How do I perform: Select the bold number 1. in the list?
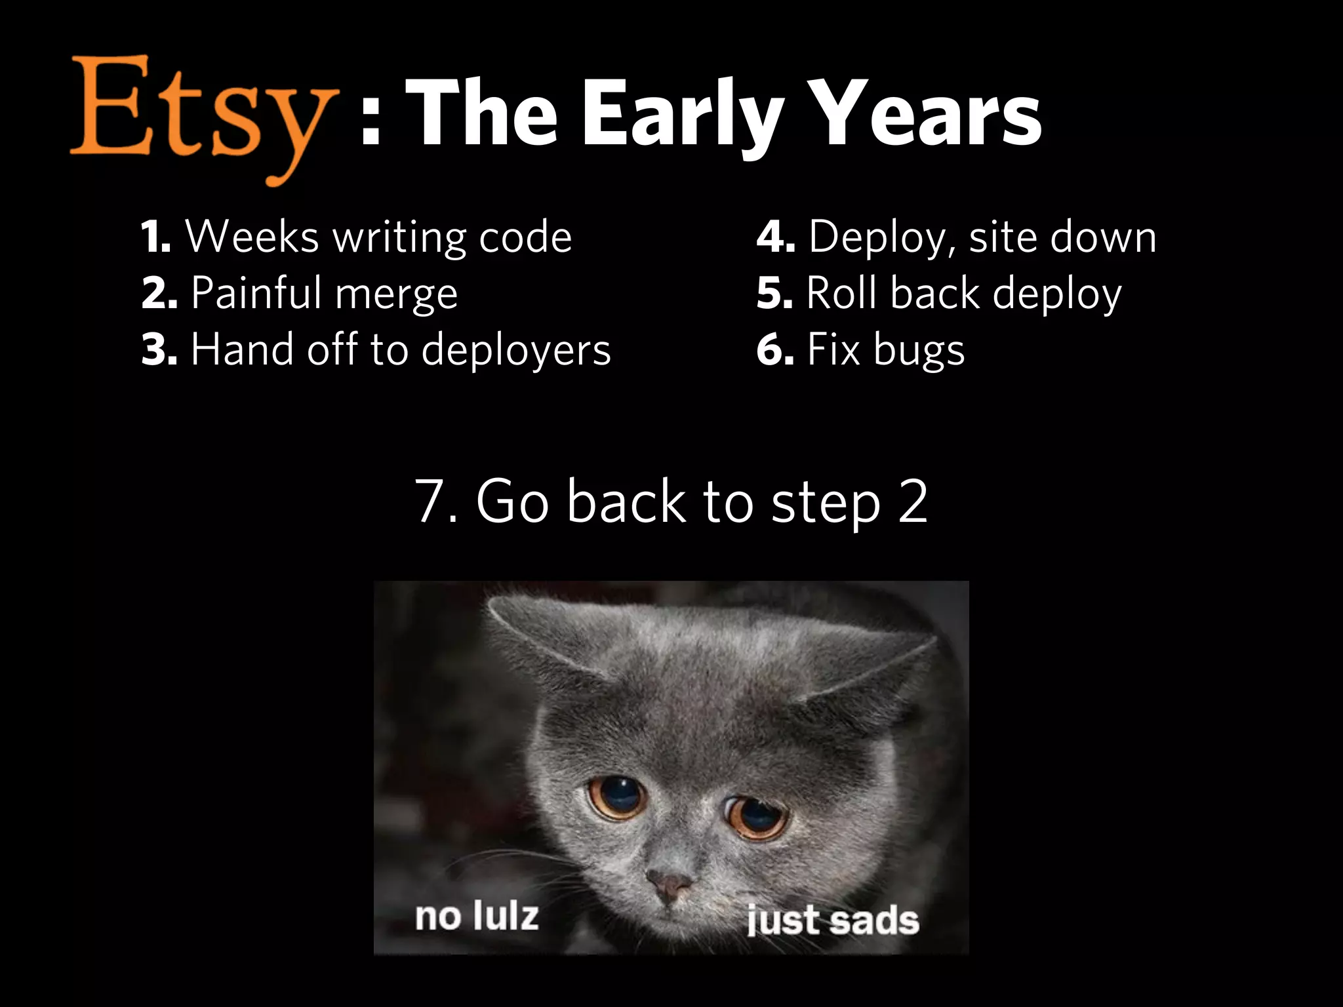[156, 237]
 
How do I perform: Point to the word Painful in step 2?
[256, 292]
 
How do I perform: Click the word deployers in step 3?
[515, 350]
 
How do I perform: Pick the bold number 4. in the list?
[775, 237]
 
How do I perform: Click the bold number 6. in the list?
[775, 349]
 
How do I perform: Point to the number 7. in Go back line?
[436, 502]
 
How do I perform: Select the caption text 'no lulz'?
[477, 916]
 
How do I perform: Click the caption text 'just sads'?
[832, 919]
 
